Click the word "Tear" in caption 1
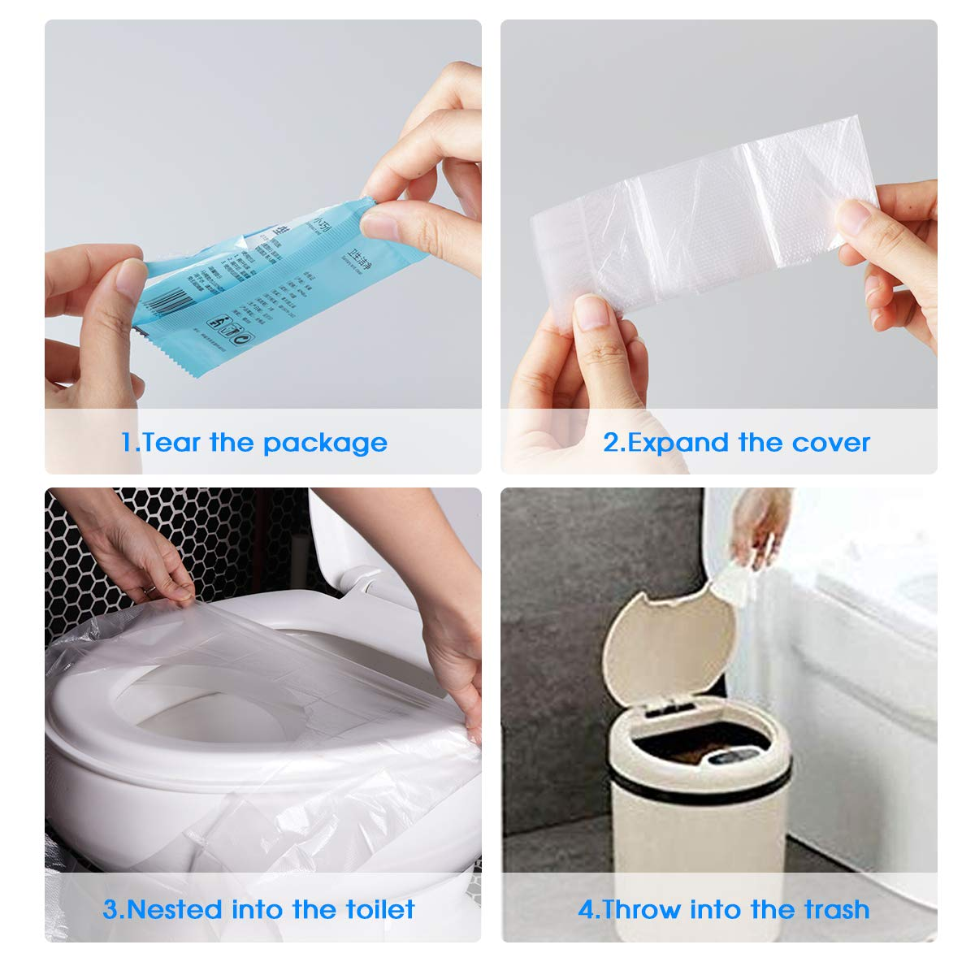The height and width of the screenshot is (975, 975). (171, 443)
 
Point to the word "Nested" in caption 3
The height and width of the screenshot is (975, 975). (175, 909)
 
